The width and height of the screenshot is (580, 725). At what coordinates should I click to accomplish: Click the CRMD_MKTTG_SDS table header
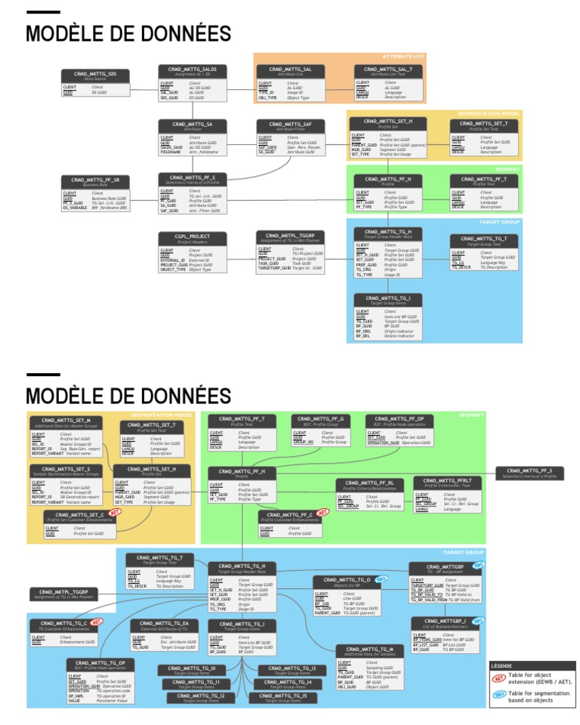tap(95, 76)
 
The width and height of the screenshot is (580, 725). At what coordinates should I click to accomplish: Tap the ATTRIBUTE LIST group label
tap(403, 57)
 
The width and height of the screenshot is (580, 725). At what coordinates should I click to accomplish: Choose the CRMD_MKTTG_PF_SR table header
tap(95, 181)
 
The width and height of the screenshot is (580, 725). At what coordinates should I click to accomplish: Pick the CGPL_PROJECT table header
tap(193, 238)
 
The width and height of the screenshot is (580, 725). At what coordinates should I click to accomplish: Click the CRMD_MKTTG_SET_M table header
tap(66, 421)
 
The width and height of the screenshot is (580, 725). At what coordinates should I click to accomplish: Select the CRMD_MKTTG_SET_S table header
tap(66, 470)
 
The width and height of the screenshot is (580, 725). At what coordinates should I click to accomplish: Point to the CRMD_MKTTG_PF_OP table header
tap(400, 420)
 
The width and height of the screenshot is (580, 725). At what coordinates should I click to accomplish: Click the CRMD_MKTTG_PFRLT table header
tap(452, 482)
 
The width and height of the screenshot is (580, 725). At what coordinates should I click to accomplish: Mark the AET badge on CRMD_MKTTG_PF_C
tap(322, 512)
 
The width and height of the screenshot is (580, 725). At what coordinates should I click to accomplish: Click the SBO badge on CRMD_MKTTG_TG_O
tap(381, 578)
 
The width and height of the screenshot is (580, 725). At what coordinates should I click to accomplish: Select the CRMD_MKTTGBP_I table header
tap(444, 623)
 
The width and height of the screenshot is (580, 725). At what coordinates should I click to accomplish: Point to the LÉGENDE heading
tap(502, 666)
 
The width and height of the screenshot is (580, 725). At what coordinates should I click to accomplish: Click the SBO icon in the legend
tap(498, 696)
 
